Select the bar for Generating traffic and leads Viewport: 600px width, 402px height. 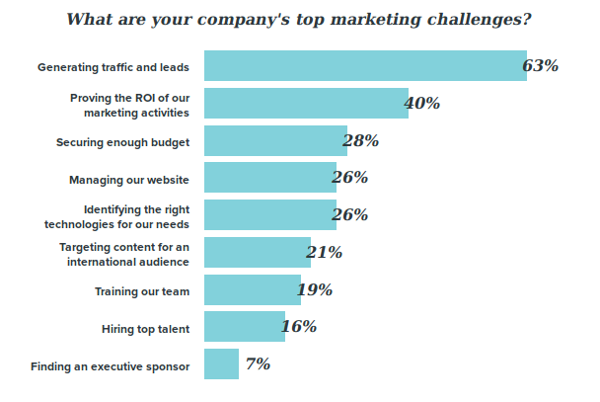(364, 66)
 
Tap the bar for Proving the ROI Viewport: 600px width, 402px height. (306, 104)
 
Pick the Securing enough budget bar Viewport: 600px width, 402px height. (275, 141)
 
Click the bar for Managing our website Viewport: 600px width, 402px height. (270, 178)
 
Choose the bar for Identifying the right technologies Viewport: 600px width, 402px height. (270, 215)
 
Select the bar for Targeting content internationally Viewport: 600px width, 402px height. (258, 253)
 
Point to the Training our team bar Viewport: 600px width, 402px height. (253, 290)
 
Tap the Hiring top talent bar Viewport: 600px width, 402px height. (245, 327)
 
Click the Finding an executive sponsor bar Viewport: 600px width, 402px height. (222, 364)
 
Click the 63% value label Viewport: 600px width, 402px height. (541, 66)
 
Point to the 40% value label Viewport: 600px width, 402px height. (422, 104)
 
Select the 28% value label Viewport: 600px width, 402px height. (361, 141)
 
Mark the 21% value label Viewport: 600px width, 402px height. (324, 253)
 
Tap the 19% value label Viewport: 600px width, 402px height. (314, 290)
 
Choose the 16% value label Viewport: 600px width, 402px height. (298, 327)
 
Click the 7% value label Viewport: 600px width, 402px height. (258, 364)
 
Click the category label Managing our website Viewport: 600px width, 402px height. (129, 180)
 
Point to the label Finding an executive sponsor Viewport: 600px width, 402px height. (110, 366)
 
